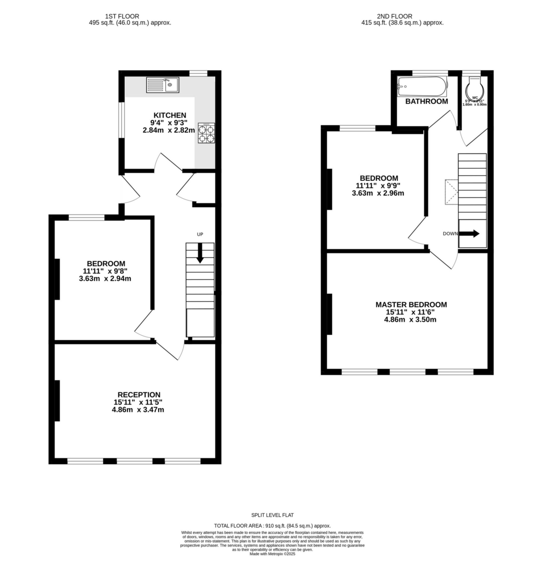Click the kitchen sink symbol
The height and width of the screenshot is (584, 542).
[x=162, y=85]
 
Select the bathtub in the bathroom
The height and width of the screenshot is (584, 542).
[x=422, y=86]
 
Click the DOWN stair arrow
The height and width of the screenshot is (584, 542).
[x=469, y=233]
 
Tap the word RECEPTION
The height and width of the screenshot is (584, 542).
[x=139, y=395]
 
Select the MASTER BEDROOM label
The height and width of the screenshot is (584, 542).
[x=411, y=305]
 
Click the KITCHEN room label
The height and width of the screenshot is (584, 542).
[x=170, y=115]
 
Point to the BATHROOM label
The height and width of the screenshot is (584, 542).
[x=427, y=101]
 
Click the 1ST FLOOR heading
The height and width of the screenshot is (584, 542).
[x=122, y=16]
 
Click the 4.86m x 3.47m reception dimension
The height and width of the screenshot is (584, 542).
[x=138, y=410]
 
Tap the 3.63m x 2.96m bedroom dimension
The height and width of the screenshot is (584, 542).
[x=378, y=193]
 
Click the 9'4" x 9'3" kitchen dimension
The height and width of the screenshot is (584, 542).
[x=169, y=123]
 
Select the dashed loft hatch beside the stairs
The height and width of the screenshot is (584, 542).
[x=451, y=192]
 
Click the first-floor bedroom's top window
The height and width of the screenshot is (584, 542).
[x=86, y=217]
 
